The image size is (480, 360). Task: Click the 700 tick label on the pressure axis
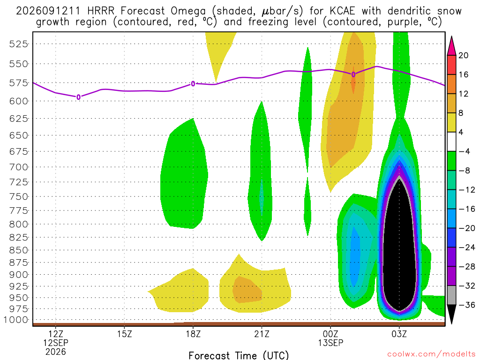tap(19, 167)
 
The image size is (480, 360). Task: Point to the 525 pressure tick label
tap(19, 44)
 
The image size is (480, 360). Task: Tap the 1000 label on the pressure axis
tap(16, 320)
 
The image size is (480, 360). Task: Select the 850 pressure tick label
tap(19, 250)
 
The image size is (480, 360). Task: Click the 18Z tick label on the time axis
tap(193, 334)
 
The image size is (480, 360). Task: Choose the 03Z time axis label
tap(399, 334)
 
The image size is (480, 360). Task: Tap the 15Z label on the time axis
tap(124, 334)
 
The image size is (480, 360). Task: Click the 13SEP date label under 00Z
tap(330, 343)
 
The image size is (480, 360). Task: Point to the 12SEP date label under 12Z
tap(56, 343)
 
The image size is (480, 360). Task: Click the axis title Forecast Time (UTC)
tap(239, 355)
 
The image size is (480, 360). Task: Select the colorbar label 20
tap(464, 55)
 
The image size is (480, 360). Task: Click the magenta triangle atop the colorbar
tap(451, 46)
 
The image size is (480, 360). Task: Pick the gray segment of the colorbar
tap(451, 295)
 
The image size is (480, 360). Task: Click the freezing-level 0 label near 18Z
tap(193, 83)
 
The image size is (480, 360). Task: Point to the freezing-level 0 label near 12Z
tap(78, 97)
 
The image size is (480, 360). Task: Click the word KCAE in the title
tap(342, 11)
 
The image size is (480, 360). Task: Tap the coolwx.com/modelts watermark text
tap(431, 354)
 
